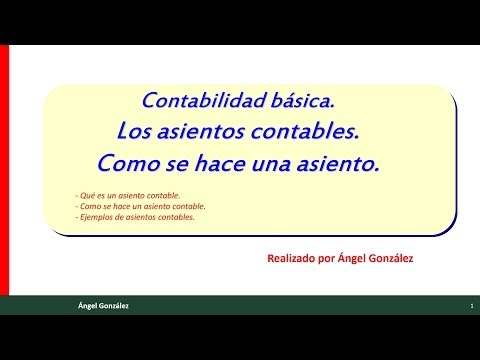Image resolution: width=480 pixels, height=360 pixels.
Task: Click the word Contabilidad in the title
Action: (x=204, y=100)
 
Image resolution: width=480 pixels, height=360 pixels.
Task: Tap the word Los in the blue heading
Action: (x=134, y=131)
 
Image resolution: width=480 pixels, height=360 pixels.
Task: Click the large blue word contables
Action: (x=305, y=131)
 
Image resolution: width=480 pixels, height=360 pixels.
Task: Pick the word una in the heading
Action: (x=271, y=164)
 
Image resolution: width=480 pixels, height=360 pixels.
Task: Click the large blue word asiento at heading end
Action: (x=338, y=164)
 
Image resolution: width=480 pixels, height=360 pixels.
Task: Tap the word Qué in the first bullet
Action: (x=88, y=196)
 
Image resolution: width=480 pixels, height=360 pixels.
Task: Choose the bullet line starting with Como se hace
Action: (x=141, y=206)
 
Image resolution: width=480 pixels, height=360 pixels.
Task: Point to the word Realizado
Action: (x=291, y=258)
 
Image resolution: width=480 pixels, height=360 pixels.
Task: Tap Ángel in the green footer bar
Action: (x=87, y=306)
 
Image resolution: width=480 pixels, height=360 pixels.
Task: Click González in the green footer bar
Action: (x=113, y=306)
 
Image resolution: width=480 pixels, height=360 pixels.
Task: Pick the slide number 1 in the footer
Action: (x=472, y=306)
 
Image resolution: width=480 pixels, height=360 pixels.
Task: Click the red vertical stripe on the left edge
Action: (x=4, y=170)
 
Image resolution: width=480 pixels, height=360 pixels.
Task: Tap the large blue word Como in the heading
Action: (x=129, y=164)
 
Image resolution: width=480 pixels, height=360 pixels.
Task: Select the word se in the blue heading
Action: (x=178, y=165)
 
